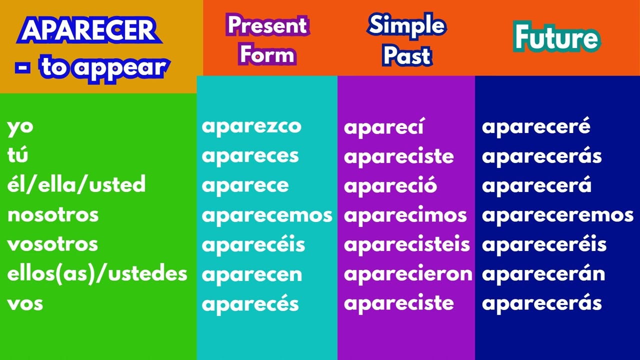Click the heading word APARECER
pyautogui.click(x=89, y=31)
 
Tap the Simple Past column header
pyautogui.click(x=406, y=39)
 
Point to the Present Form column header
pyautogui.click(x=267, y=39)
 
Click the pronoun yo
pyautogui.click(x=20, y=126)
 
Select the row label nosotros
pyautogui.click(x=52, y=215)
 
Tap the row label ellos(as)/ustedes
pyautogui.click(x=97, y=274)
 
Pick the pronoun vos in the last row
pyautogui.click(x=25, y=303)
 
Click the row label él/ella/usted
pyautogui.click(x=76, y=185)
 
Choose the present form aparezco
pyautogui.click(x=251, y=126)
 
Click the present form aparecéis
pyautogui.click(x=253, y=244)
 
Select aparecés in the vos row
pyautogui.click(x=250, y=303)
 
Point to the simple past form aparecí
pyautogui.click(x=383, y=127)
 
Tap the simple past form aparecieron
pyautogui.click(x=408, y=274)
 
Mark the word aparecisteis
pyautogui.click(x=407, y=244)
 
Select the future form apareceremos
pyautogui.click(x=557, y=215)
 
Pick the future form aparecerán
pyautogui.click(x=543, y=274)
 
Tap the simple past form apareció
pyautogui.click(x=390, y=185)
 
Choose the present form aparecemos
pyautogui.click(x=267, y=215)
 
